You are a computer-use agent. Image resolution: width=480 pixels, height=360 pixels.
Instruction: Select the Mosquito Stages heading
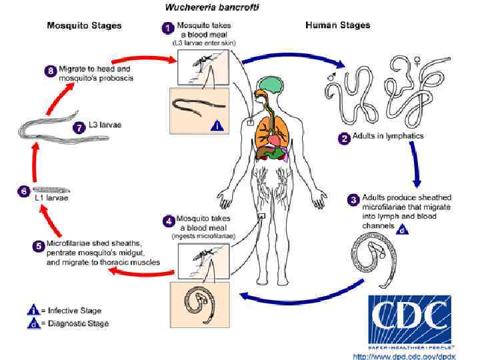point(84,26)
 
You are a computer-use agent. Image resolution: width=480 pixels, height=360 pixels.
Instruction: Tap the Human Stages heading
point(337,25)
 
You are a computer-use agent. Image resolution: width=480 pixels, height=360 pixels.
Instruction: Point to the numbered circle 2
point(345,139)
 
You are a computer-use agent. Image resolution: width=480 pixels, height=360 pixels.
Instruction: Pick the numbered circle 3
point(354,199)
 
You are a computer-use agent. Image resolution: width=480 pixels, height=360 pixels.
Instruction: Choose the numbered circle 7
point(79,127)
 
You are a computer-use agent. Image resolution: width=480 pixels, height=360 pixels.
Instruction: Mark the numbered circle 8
point(48,71)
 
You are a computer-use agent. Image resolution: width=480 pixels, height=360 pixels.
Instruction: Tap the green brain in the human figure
point(271,84)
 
